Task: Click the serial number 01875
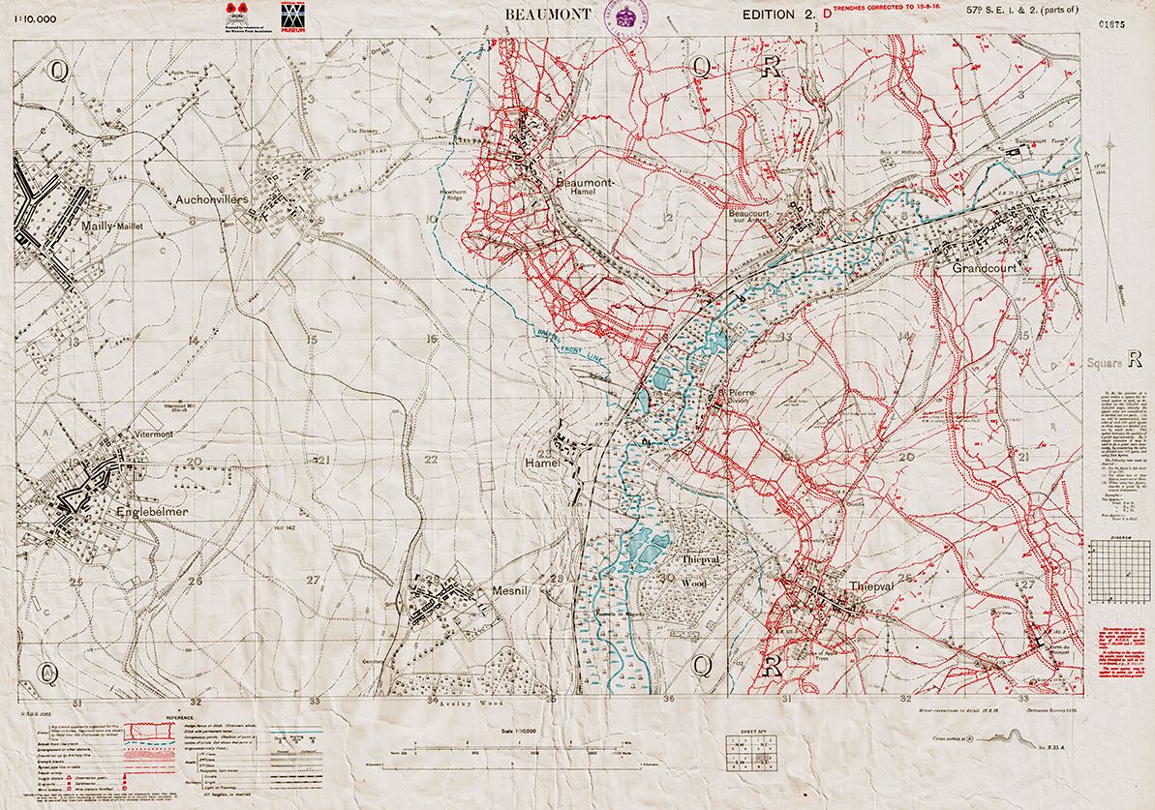point(1113,24)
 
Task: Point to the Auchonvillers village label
point(214,199)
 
